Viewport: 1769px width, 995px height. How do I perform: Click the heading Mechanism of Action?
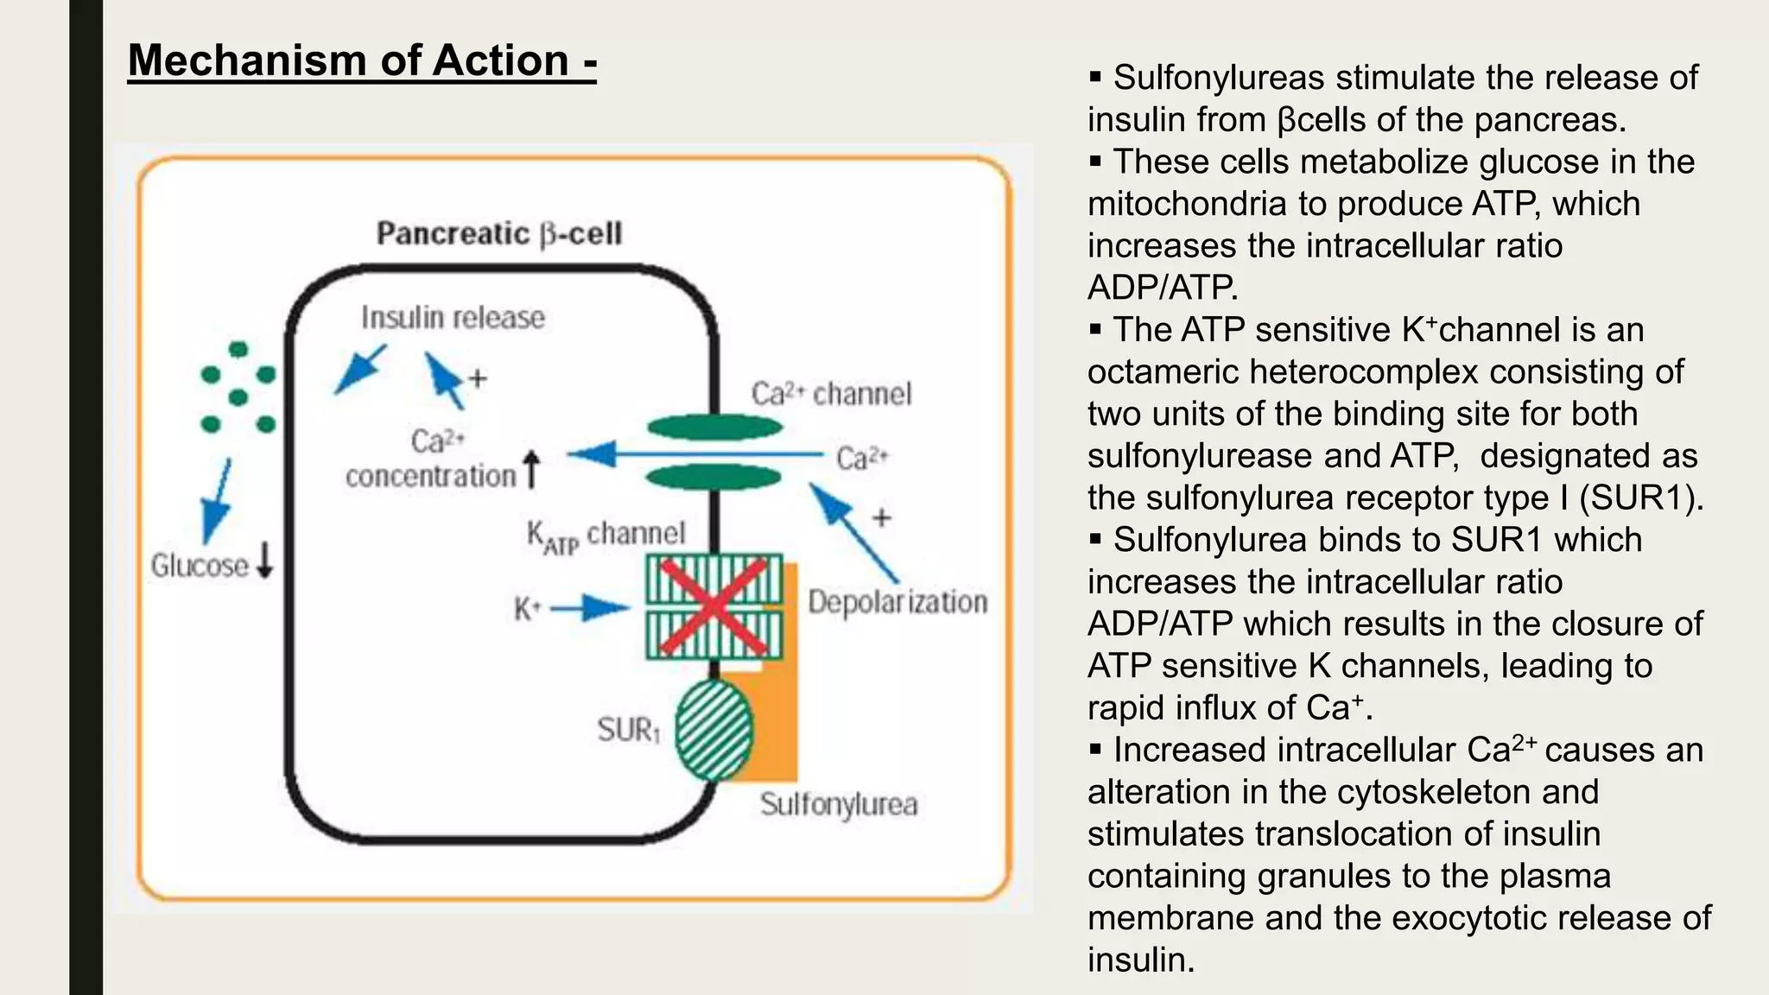pos(361,60)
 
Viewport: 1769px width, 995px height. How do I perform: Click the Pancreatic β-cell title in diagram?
pos(498,233)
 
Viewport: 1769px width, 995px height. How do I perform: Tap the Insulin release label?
pos(453,318)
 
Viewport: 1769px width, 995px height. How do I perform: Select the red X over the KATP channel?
pos(714,606)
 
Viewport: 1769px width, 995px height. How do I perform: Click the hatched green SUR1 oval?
pos(713,730)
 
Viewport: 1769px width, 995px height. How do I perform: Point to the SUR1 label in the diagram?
pos(628,731)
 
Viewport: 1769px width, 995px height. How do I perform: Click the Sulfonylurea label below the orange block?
pos(838,805)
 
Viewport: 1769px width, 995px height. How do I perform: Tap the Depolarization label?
pos(897,602)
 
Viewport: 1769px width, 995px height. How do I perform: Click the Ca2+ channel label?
pos(831,394)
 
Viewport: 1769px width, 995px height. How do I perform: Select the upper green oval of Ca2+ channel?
pos(714,427)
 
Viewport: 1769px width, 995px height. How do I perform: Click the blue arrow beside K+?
pos(591,608)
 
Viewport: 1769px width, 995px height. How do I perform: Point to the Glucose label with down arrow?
pos(211,565)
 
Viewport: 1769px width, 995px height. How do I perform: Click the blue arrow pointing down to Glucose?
pos(216,501)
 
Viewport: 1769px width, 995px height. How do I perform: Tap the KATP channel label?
pos(606,535)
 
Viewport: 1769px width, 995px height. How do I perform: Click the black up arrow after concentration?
pos(532,470)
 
